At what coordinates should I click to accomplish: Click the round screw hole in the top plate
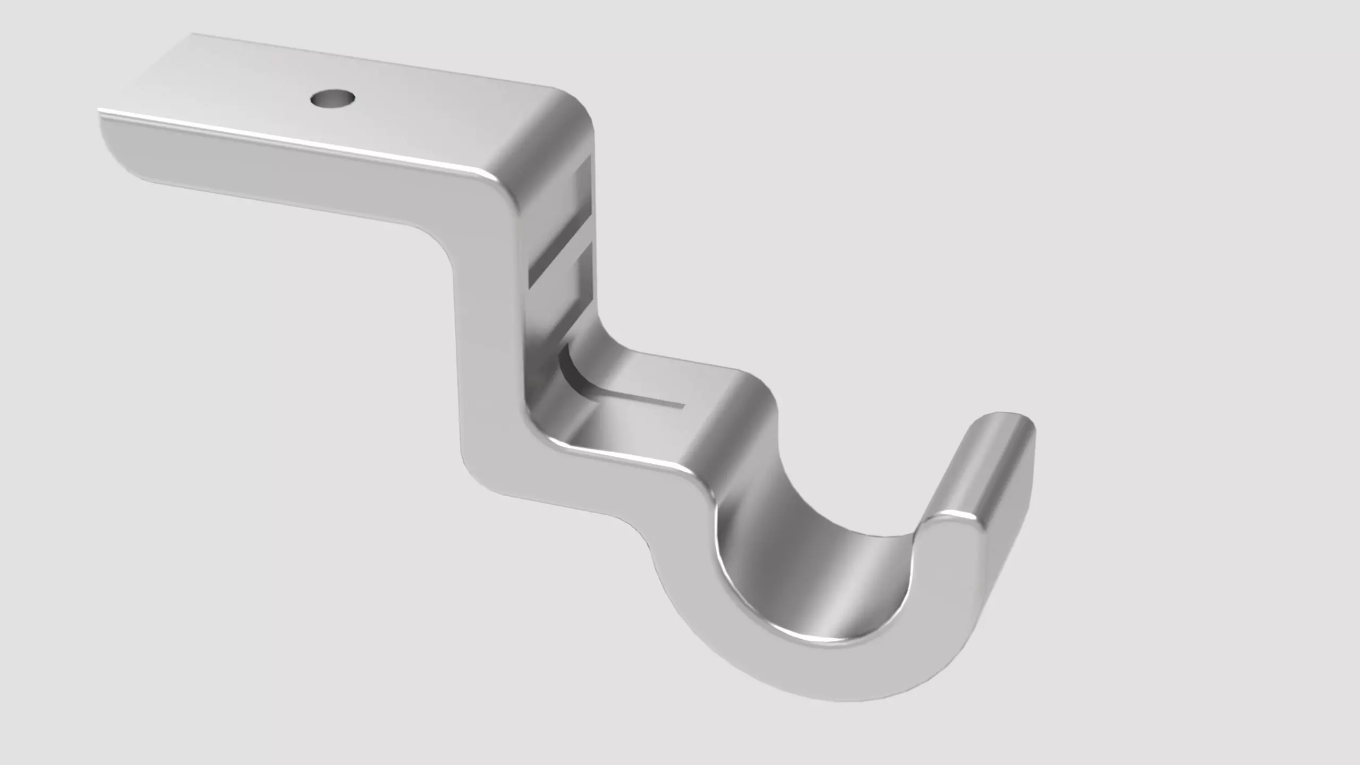(333, 99)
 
